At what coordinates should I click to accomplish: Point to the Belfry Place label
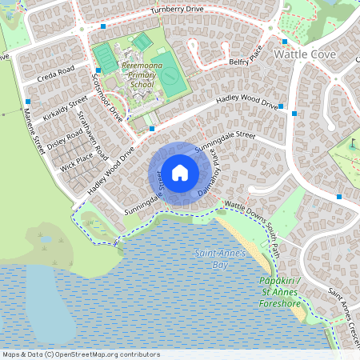tap(245, 61)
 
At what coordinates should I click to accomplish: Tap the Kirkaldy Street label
tap(67, 110)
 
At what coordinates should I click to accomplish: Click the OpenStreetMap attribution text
tap(80, 354)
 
